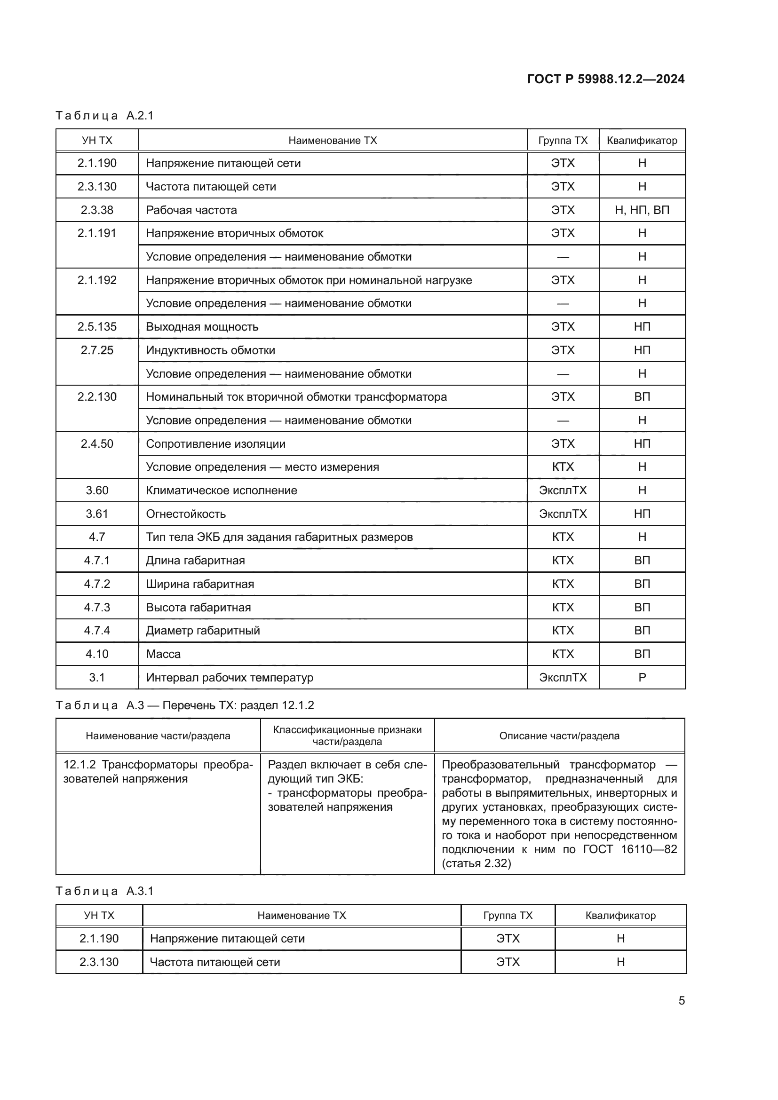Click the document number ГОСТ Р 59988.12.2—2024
(605, 79)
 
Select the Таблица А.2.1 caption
(104, 116)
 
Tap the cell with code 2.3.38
(97, 210)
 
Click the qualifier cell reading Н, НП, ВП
(642, 210)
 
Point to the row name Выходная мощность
(202, 327)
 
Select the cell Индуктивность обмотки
(210, 350)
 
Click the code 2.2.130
(97, 397)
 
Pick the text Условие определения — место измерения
(262, 467)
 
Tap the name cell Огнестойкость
(185, 514)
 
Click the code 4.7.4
(97, 631)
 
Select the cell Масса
(163, 654)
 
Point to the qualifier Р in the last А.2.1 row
(642, 677)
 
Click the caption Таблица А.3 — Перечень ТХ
(184, 705)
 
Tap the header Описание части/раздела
(559, 736)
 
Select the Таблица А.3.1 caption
(104, 891)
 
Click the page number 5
(681, 1001)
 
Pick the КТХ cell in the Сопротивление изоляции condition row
(563, 467)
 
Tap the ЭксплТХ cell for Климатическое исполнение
(563, 491)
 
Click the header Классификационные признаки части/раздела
(347, 736)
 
